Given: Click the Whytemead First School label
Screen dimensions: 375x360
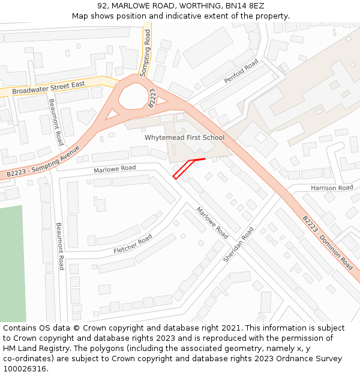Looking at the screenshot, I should tap(184, 137).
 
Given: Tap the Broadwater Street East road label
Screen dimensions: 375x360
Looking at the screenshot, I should tap(49, 88).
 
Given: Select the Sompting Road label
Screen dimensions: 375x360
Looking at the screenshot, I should tap(146, 53).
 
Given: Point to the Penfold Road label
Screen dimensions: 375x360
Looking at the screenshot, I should tap(241, 71).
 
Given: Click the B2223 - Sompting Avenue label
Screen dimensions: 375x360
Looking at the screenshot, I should tap(43, 161).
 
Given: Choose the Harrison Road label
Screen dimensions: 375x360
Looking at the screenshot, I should tap(332, 188).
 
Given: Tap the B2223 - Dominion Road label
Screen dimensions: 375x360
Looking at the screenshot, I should tap(328, 242).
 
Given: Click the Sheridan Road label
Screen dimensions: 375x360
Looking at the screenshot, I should tap(238, 244).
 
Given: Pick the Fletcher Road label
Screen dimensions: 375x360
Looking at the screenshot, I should tap(133, 244).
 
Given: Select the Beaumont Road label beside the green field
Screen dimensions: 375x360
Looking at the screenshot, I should tap(60, 246).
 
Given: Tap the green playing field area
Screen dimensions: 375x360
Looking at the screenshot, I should tap(12, 264).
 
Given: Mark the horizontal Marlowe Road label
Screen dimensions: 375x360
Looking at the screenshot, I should tap(115, 169).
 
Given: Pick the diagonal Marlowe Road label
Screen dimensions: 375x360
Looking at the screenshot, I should tap(212, 222).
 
